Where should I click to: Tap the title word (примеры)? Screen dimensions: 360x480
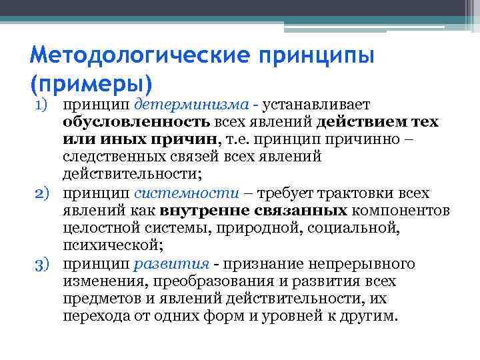[91, 83]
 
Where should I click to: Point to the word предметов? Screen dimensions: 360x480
[99, 299]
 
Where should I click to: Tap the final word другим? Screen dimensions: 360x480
[371, 316]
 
